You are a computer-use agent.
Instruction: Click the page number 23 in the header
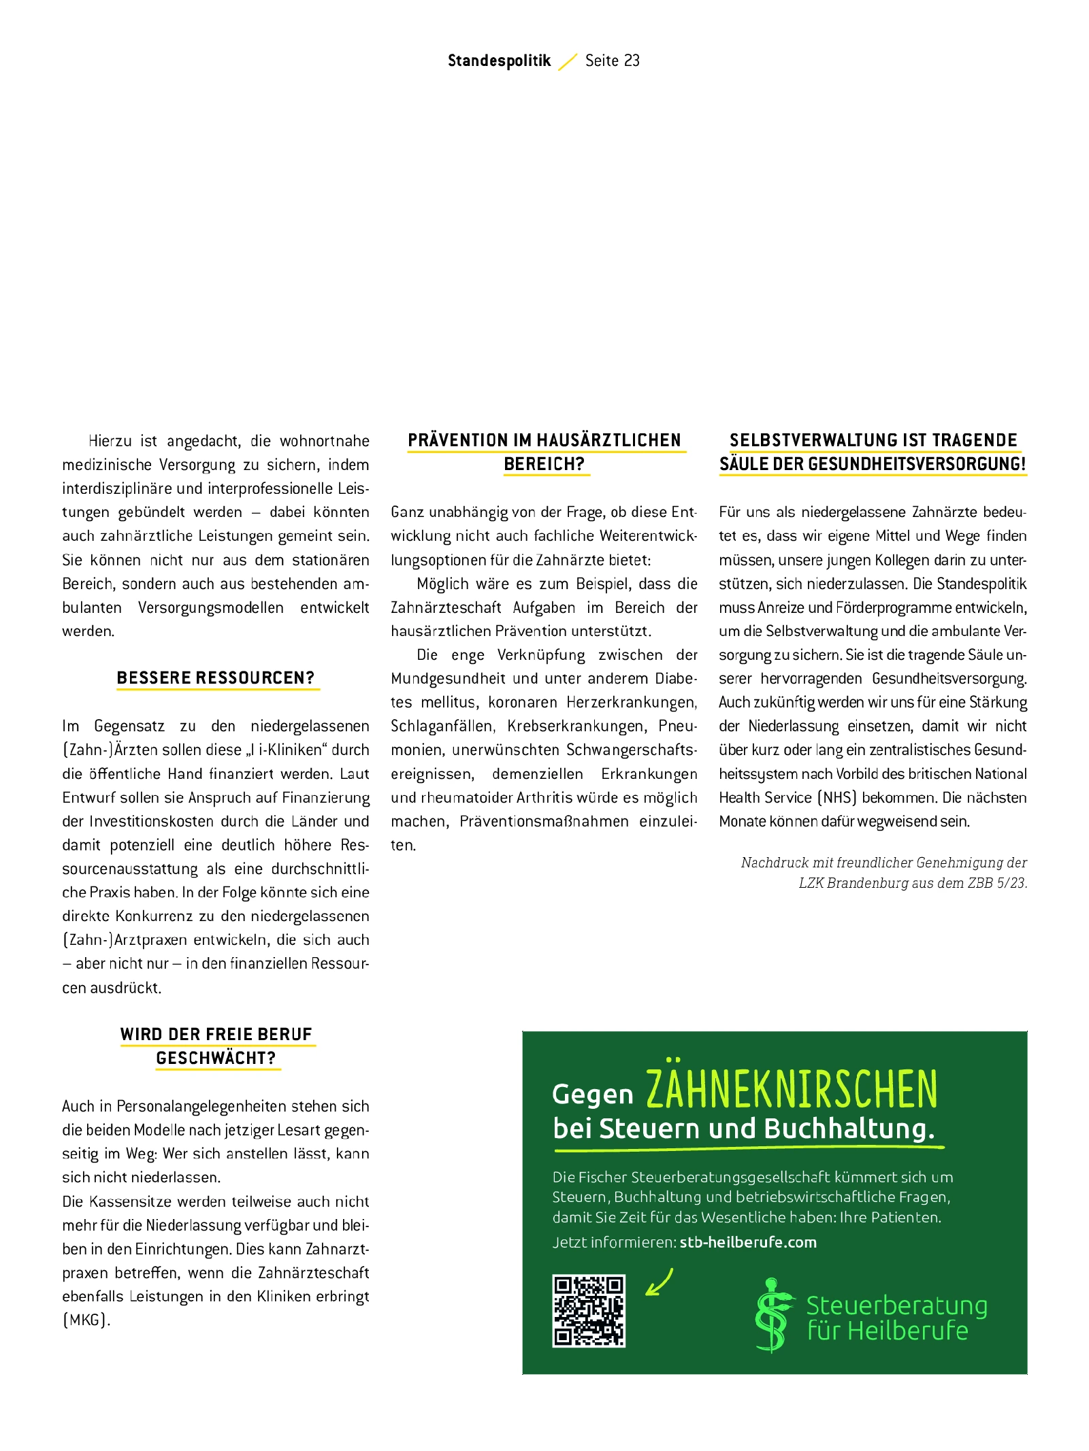pos(632,61)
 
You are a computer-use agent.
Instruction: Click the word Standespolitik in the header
pos(499,61)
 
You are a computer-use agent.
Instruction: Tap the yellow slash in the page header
pos(568,61)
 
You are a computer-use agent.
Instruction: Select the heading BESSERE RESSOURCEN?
pos(215,678)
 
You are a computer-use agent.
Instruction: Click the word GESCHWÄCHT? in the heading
pos(216,1058)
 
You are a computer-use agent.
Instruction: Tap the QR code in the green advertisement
pos(588,1310)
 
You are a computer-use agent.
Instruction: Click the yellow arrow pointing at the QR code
pos(659,1282)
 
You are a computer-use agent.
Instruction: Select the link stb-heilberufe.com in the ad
pos(747,1242)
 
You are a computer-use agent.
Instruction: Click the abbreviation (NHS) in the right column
pos(836,797)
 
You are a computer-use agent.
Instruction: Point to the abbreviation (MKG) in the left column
pos(86,1320)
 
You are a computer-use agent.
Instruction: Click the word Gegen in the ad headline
pos(592,1095)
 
